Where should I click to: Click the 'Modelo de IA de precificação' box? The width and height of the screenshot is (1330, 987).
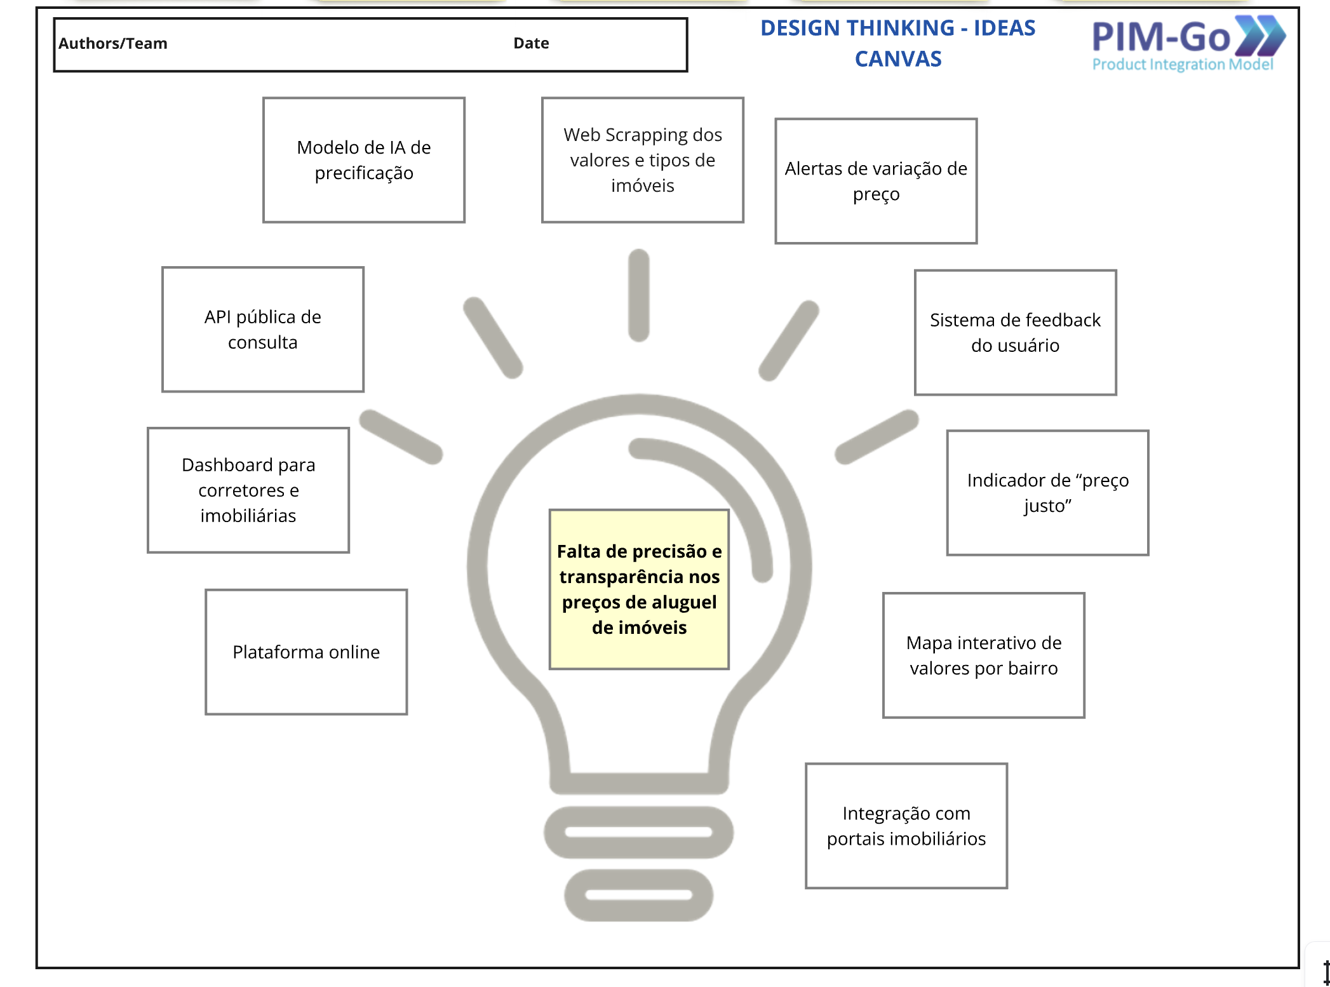363,160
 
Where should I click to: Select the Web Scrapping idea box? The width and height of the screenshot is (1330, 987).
642,160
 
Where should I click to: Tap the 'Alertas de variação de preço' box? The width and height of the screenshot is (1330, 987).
875,181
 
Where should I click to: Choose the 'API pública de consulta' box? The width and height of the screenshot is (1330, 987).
262,330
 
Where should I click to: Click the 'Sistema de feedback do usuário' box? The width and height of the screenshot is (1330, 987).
1014,333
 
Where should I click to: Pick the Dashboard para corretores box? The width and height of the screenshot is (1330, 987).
248,490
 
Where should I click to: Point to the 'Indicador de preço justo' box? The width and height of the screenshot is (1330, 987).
1047,493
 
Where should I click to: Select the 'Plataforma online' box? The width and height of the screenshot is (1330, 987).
306,652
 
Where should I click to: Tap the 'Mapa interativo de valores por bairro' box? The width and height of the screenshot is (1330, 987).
983,655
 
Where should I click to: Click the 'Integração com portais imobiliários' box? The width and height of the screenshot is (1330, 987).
906,826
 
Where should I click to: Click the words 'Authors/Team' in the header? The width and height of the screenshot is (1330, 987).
113,43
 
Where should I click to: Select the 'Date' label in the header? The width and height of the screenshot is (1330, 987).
531,43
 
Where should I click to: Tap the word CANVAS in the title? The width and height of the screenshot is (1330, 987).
897,59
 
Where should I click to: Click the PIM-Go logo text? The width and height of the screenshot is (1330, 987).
1161,37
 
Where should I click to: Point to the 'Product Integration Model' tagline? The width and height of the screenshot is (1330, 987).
1182,65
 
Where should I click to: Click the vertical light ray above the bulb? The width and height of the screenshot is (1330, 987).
638,295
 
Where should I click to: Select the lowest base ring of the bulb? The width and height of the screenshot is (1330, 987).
638,895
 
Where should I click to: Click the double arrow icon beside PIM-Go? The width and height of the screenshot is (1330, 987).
1261,35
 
